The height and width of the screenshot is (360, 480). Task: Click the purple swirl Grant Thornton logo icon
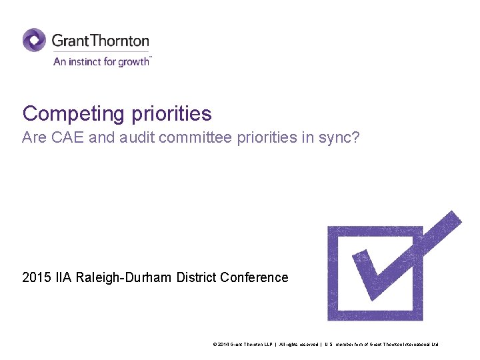[34, 40]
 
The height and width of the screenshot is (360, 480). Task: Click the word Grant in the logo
[69, 41]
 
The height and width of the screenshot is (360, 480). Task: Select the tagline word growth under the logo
[135, 62]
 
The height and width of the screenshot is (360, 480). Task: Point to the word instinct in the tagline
[84, 61]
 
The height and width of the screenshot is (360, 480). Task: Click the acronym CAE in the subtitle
[63, 138]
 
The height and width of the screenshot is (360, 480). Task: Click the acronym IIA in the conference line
[63, 277]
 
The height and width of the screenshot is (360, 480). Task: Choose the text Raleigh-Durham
[125, 277]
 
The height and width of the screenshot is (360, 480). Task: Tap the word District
[197, 277]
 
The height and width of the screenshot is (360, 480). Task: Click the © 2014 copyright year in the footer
[221, 344]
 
